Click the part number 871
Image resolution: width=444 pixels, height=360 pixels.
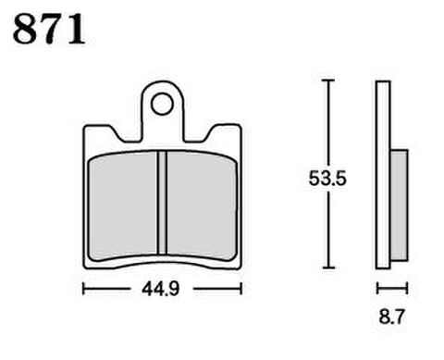(x=49, y=29)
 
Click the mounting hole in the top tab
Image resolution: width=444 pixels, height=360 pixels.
(x=162, y=105)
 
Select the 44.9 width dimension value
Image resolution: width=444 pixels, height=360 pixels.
(x=160, y=290)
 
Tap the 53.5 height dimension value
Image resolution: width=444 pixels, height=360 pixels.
(x=327, y=179)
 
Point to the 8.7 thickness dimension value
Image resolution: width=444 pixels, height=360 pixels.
(x=391, y=317)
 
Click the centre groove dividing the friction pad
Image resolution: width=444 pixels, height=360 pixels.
(x=162, y=203)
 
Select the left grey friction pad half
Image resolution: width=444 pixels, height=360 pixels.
(x=123, y=205)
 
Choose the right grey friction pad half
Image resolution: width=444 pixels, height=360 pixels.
(x=202, y=205)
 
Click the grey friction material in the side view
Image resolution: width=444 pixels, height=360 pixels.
(x=400, y=205)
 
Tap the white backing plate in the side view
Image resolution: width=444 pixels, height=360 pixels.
(x=383, y=175)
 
